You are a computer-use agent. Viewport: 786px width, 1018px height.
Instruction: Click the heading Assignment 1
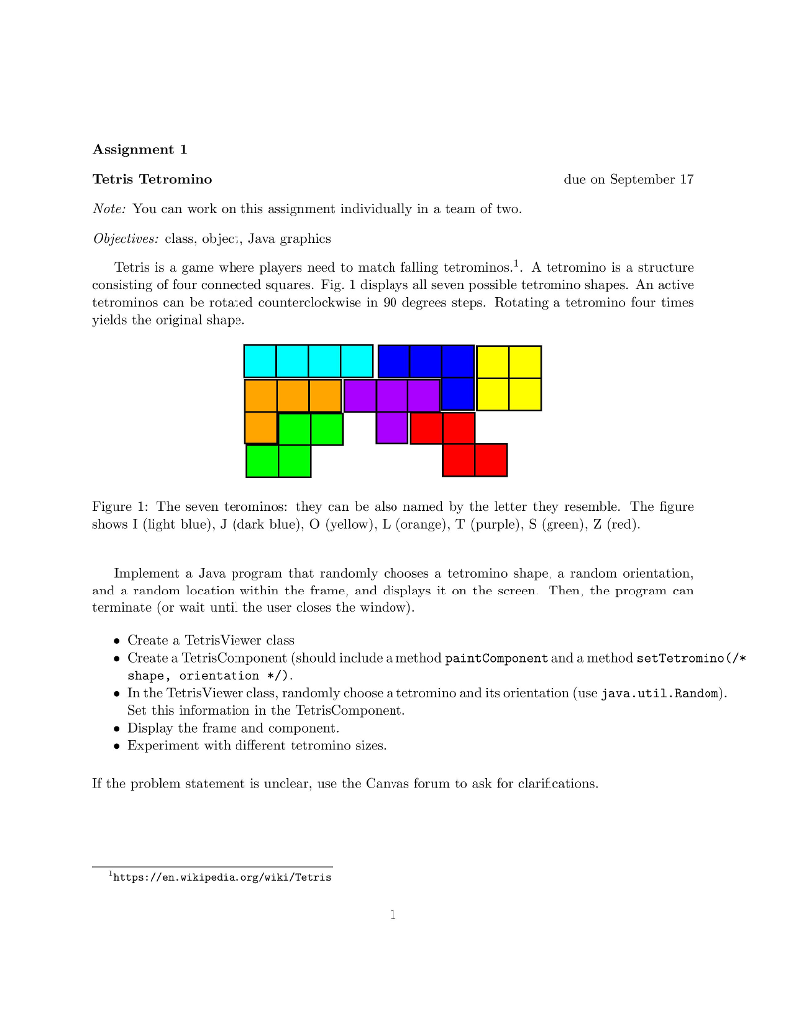139,150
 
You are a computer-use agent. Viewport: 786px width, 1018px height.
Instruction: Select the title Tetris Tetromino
151,180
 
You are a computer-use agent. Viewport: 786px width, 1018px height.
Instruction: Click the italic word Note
109,209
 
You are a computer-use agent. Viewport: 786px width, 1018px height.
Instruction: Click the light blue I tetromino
308,361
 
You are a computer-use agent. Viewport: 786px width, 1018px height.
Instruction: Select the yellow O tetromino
509,378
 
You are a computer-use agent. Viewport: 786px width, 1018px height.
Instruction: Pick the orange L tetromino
277,396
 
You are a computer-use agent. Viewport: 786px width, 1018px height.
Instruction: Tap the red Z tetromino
458,443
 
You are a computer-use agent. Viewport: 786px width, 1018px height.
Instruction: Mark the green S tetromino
294,444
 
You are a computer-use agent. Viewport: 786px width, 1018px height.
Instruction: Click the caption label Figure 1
123,507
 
